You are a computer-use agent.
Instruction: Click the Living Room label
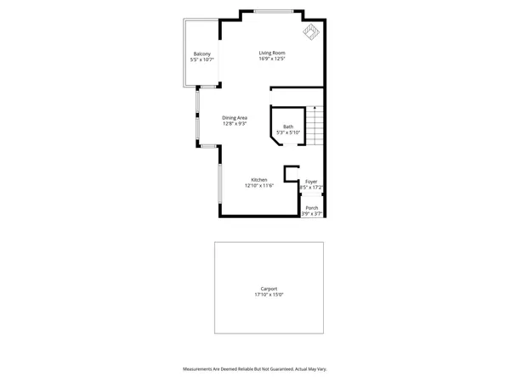pos(272,53)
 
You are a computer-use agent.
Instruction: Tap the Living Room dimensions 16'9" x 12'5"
pos(272,59)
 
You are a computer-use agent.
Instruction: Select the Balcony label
pos(201,54)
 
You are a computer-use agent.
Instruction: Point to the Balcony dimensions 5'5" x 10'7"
pos(201,60)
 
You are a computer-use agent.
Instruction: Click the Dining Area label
pos(235,117)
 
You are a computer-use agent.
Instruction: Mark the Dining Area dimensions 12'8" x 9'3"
pos(235,123)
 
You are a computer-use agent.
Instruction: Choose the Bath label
pos(288,126)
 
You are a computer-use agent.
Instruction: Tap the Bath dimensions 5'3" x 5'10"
pos(288,132)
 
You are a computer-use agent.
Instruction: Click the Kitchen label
pos(259,179)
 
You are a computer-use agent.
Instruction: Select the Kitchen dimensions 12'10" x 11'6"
pos(259,185)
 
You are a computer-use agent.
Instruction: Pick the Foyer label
pos(312,181)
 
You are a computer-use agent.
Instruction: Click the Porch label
pos(312,208)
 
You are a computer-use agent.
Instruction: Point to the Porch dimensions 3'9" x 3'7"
pos(312,214)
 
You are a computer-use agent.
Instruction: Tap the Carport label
pos(269,289)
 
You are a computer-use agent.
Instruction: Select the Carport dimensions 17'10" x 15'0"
pos(269,295)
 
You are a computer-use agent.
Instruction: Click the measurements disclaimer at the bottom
pos(255,368)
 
